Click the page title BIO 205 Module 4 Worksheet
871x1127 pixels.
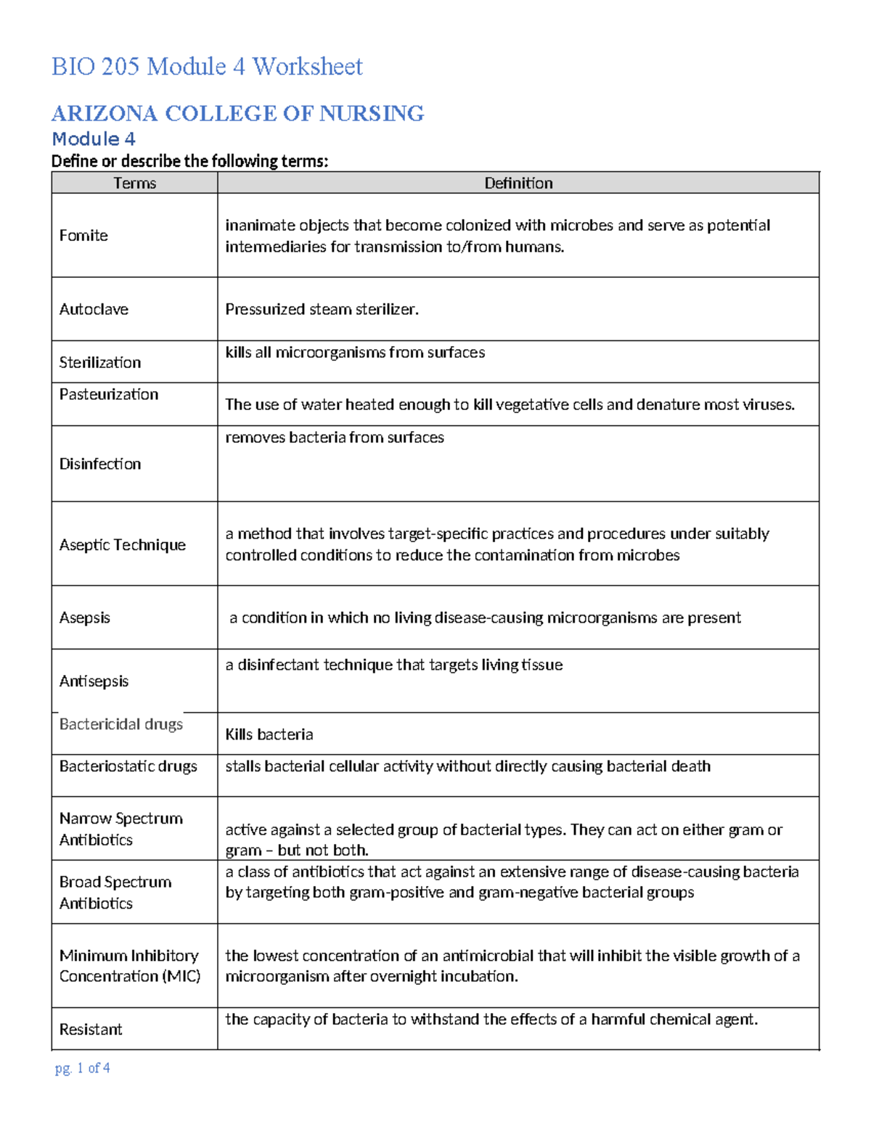(207, 67)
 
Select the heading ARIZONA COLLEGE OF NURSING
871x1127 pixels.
(237, 113)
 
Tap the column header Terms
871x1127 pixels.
(134, 183)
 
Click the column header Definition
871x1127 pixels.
(518, 183)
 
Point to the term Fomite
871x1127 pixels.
(83, 235)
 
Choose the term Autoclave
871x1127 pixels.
(94, 309)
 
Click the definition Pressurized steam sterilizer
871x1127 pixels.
(322, 309)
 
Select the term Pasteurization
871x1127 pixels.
(109, 394)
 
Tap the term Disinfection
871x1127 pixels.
(100, 464)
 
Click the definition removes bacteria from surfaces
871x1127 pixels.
(335, 438)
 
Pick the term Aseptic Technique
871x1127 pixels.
(123, 545)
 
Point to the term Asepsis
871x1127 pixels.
(85, 618)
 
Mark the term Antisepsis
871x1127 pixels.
(94, 681)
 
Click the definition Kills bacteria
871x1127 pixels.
(269, 734)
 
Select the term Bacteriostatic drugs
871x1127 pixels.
(128, 766)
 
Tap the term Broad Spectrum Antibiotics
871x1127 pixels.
(115, 893)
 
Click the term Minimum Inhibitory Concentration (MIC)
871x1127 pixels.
(130, 966)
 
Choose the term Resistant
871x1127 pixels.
(91, 1029)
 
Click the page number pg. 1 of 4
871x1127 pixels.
(83, 1068)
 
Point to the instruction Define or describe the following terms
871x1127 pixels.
(189, 161)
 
